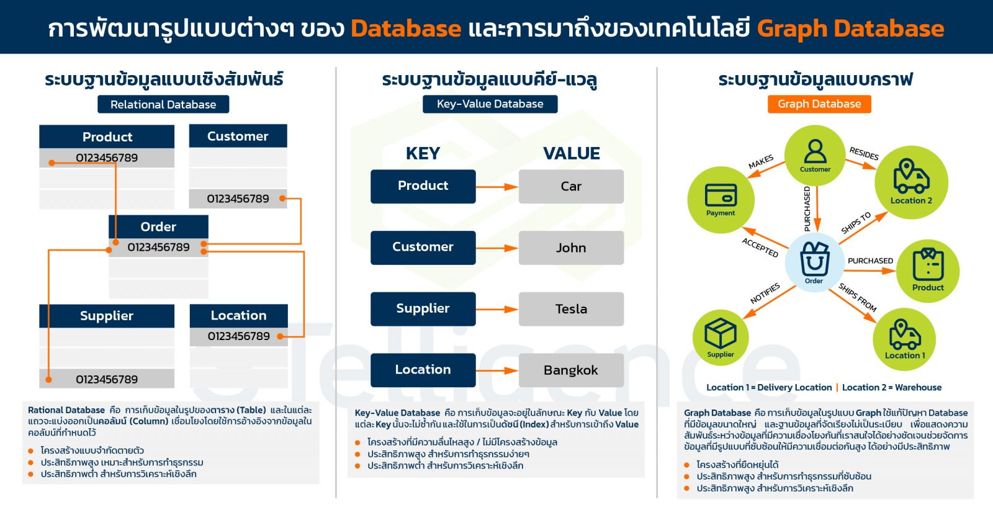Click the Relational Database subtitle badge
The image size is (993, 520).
click(x=163, y=104)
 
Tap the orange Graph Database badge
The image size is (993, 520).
click(x=819, y=104)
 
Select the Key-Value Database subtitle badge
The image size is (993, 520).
click(x=490, y=104)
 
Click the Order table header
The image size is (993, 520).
click(x=158, y=226)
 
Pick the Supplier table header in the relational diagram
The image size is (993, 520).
click(x=107, y=316)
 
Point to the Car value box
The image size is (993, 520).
click(x=571, y=186)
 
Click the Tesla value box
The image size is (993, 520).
click(x=571, y=309)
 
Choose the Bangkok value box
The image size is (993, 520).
click(x=571, y=370)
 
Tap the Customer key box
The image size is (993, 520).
click(x=423, y=247)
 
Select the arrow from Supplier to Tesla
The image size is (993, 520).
click(x=497, y=309)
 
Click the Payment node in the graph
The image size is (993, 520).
click(x=721, y=200)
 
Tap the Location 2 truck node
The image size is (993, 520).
click(x=911, y=182)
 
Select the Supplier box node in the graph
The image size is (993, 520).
click(x=721, y=338)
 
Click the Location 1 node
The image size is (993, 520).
click(x=904, y=339)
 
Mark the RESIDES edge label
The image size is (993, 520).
click(x=864, y=153)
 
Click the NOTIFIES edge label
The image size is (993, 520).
click(x=765, y=294)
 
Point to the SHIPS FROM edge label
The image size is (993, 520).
click(x=858, y=297)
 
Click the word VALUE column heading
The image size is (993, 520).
click(x=572, y=153)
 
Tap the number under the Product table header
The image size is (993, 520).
click(x=107, y=158)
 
